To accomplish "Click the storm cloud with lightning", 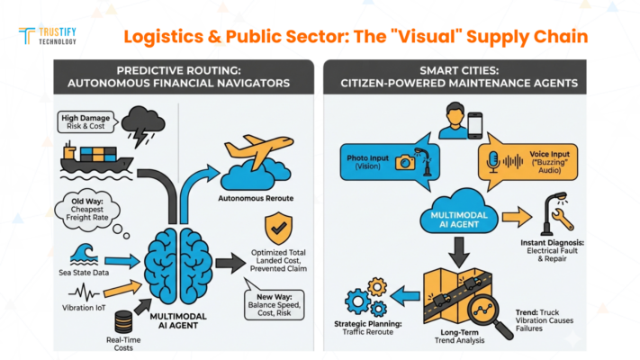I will (x=143, y=124).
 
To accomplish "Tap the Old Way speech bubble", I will (x=88, y=207).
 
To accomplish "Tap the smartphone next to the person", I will (x=477, y=124).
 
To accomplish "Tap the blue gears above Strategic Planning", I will (x=372, y=296).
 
